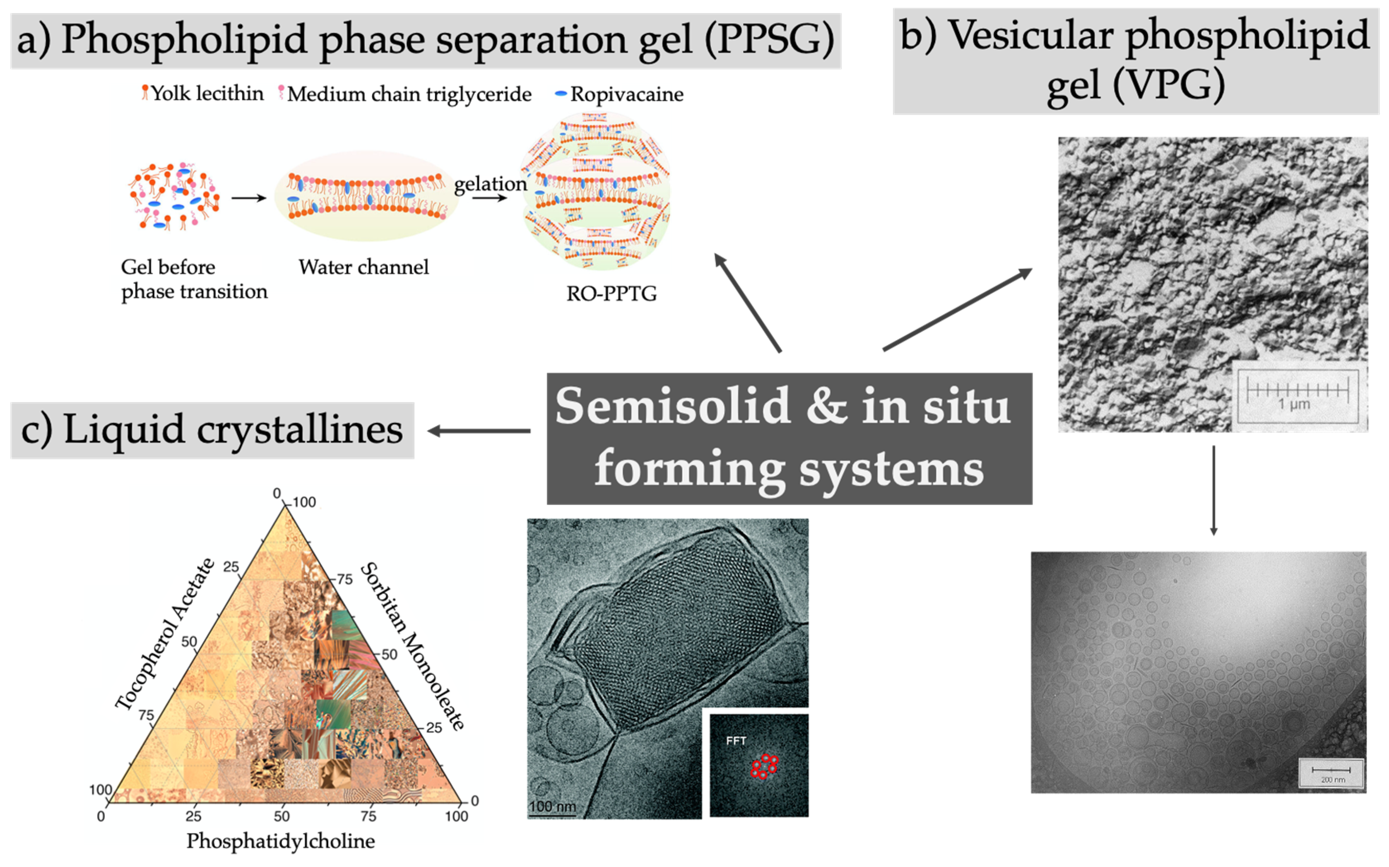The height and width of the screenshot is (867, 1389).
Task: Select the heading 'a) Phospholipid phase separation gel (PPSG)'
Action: click(x=425, y=40)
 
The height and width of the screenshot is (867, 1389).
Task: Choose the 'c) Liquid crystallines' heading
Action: click(x=212, y=430)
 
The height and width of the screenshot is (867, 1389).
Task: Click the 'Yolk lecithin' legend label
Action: click(x=206, y=94)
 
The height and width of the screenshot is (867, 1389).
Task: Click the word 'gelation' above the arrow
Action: click(x=490, y=184)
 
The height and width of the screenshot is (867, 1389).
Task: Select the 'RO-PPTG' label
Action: click(x=611, y=294)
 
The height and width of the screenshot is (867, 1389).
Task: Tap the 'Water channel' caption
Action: click(x=363, y=267)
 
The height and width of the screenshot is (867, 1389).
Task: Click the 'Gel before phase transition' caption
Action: click(x=194, y=279)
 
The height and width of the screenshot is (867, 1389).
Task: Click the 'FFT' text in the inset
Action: click(x=736, y=741)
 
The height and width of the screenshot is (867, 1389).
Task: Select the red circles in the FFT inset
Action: click(x=764, y=766)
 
